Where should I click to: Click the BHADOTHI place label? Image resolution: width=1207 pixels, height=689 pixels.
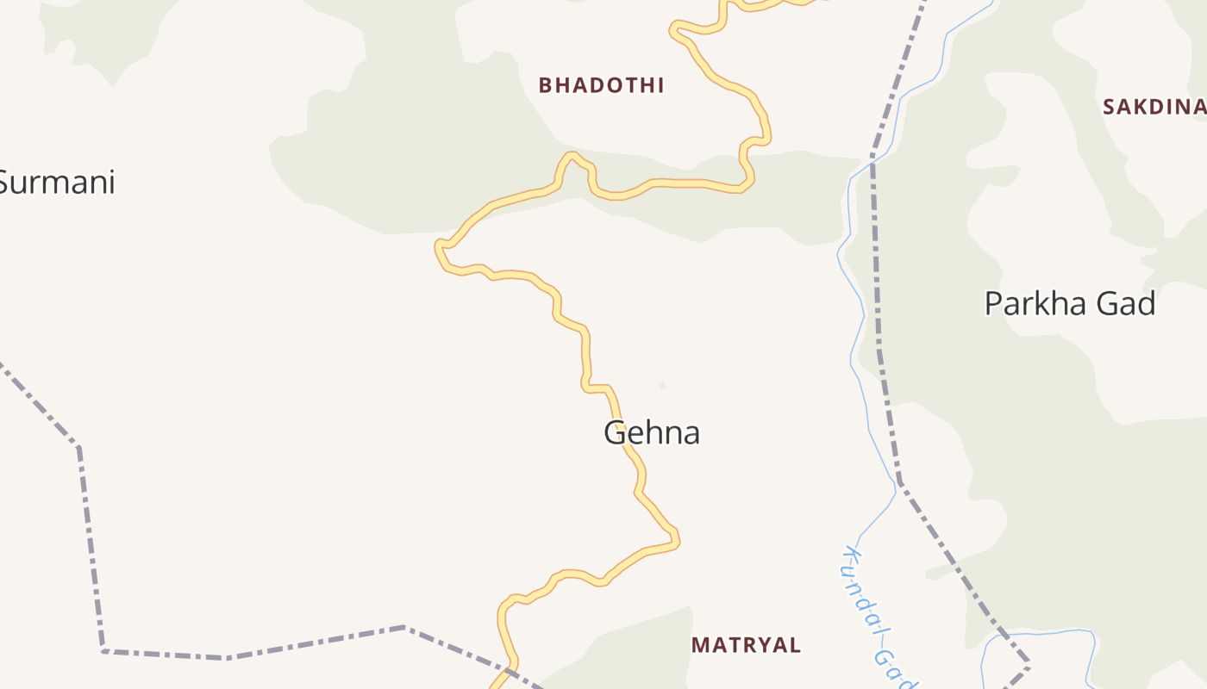click(601, 85)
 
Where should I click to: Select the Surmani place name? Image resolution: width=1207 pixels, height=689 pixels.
click(57, 183)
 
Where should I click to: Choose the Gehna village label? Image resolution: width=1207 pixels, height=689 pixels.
click(651, 432)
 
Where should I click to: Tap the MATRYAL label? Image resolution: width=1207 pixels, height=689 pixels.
click(747, 644)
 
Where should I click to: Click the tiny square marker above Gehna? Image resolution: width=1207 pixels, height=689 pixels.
click(662, 385)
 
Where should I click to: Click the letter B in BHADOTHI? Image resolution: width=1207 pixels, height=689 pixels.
click(545, 85)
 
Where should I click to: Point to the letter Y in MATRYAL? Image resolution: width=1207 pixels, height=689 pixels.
click(763, 644)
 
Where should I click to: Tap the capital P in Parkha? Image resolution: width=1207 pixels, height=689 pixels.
click(995, 304)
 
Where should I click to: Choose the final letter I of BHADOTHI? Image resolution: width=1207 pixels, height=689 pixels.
click(660, 85)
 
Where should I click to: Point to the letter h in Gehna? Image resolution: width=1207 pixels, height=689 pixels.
click(654, 432)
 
